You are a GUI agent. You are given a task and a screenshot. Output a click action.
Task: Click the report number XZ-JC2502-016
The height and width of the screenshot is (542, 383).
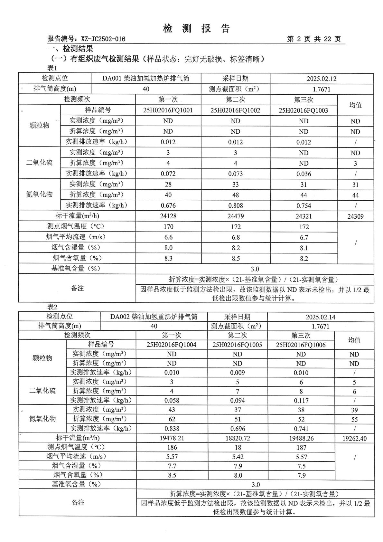[103, 39]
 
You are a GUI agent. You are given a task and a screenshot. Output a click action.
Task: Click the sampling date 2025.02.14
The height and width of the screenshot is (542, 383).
[321, 317]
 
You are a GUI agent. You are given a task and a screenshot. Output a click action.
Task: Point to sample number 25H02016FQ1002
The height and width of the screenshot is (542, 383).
[235, 110]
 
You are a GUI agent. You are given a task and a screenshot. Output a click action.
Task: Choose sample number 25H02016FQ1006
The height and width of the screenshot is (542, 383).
[301, 345]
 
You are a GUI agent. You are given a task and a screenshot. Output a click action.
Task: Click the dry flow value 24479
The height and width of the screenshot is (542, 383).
[235, 216]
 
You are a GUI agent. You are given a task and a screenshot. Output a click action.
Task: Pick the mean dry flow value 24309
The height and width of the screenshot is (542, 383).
[355, 216]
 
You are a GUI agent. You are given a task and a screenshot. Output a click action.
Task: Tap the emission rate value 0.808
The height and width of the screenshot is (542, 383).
[235, 206]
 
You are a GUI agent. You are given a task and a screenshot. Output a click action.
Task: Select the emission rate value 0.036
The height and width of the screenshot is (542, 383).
[304, 174]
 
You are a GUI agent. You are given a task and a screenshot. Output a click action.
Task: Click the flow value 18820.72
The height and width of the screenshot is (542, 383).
[238, 438]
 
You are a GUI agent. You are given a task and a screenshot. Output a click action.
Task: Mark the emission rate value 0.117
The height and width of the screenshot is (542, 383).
[301, 401]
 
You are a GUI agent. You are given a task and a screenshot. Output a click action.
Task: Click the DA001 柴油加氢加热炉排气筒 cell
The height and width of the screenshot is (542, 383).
[146, 79]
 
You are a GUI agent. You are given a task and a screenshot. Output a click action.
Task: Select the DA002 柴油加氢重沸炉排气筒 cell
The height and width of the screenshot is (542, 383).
[154, 317]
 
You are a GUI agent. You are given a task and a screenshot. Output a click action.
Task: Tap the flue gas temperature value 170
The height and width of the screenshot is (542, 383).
[168, 227]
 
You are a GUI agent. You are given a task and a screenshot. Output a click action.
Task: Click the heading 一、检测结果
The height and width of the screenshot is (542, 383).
[70, 49]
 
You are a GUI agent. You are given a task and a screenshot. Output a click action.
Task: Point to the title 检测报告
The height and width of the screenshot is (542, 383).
[196, 29]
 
